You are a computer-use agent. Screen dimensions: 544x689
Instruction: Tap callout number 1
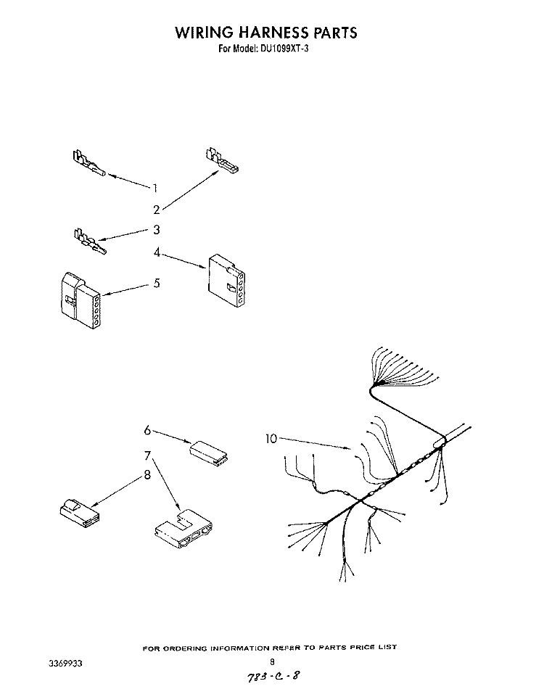click(155, 188)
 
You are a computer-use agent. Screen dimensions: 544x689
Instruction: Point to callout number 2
click(157, 210)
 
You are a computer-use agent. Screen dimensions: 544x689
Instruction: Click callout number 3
click(157, 230)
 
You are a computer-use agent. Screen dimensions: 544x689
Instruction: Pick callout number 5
click(157, 283)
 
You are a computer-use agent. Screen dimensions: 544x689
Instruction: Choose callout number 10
click(271, 439)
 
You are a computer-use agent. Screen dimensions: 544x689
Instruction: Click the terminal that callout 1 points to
click(88, 163)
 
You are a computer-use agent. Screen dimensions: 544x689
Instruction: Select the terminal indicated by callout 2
click(221, 160)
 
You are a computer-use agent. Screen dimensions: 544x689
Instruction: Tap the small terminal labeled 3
click(90, 242)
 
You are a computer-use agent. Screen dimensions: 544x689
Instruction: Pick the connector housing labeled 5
click(80, 301)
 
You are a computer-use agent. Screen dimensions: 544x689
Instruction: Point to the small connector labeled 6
click(209, 452)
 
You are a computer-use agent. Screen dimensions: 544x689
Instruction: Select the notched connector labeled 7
click(183, 529)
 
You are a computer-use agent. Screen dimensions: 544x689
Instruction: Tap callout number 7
click(148, 455)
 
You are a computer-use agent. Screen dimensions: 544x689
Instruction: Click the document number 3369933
click(65, 664)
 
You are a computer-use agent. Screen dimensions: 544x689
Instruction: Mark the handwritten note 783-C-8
click(273, 676)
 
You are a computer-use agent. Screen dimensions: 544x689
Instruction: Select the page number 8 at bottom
click(273, 661)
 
